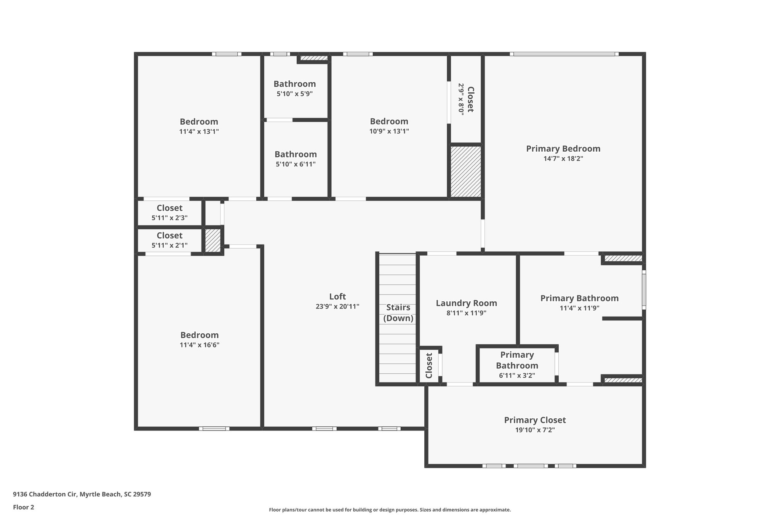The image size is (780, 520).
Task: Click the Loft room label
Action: tap(337, 296)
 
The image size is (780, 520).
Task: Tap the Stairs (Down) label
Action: tap(398, 313)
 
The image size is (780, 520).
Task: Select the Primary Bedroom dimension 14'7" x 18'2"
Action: tap(563, 158)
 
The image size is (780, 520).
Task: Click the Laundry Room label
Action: tap(466, 303)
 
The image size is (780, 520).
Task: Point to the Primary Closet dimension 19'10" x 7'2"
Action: tap(535, 430)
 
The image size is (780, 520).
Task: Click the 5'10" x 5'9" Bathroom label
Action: tap(294, 84)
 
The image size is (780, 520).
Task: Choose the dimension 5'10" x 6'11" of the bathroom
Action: tap(296, 164)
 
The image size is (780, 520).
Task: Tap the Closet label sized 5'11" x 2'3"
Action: tap(169, 208)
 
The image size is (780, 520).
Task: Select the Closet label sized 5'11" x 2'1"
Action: tap(169, 235)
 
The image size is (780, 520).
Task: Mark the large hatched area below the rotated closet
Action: tap(465, 171)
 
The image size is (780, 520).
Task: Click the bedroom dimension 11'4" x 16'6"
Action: tap(200, 345)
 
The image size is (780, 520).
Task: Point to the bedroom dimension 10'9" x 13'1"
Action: tap(389, 131)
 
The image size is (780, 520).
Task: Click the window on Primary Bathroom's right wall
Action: tap(644, 290)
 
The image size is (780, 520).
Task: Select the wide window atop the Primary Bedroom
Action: tap(564, 54)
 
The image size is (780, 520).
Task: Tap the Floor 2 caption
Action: tap(24, 507)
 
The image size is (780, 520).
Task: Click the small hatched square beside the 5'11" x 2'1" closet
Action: tap(213, 240)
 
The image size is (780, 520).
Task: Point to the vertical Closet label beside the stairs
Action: tap(429, 366)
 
